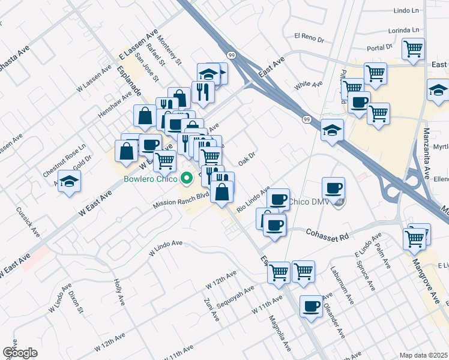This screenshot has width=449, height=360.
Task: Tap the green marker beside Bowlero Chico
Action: [x=187, y=178]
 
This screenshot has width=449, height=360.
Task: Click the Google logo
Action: [x=19, y=352]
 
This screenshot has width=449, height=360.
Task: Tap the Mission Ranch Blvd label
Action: [x=181, y=199]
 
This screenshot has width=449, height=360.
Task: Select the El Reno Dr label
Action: [x=309, y=37]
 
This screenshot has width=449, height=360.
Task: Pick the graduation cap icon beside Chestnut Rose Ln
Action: [x=70, y=181]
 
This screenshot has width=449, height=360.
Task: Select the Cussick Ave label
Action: [x=36, y=222]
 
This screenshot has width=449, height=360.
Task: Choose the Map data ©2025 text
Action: [x=424, y=355]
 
